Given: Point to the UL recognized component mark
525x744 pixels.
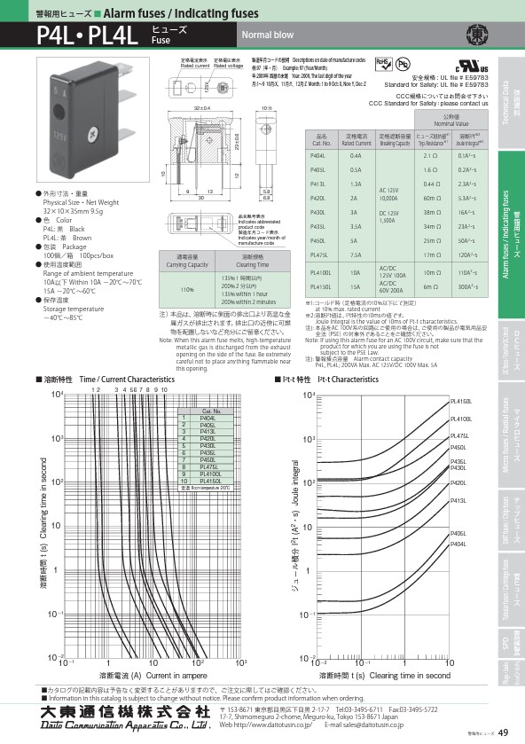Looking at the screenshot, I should [467, 68].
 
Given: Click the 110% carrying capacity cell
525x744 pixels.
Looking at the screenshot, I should [187, 289].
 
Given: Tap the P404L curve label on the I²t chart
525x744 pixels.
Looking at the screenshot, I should [458, 544].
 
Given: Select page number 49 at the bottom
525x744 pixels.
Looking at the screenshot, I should [503, 732].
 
